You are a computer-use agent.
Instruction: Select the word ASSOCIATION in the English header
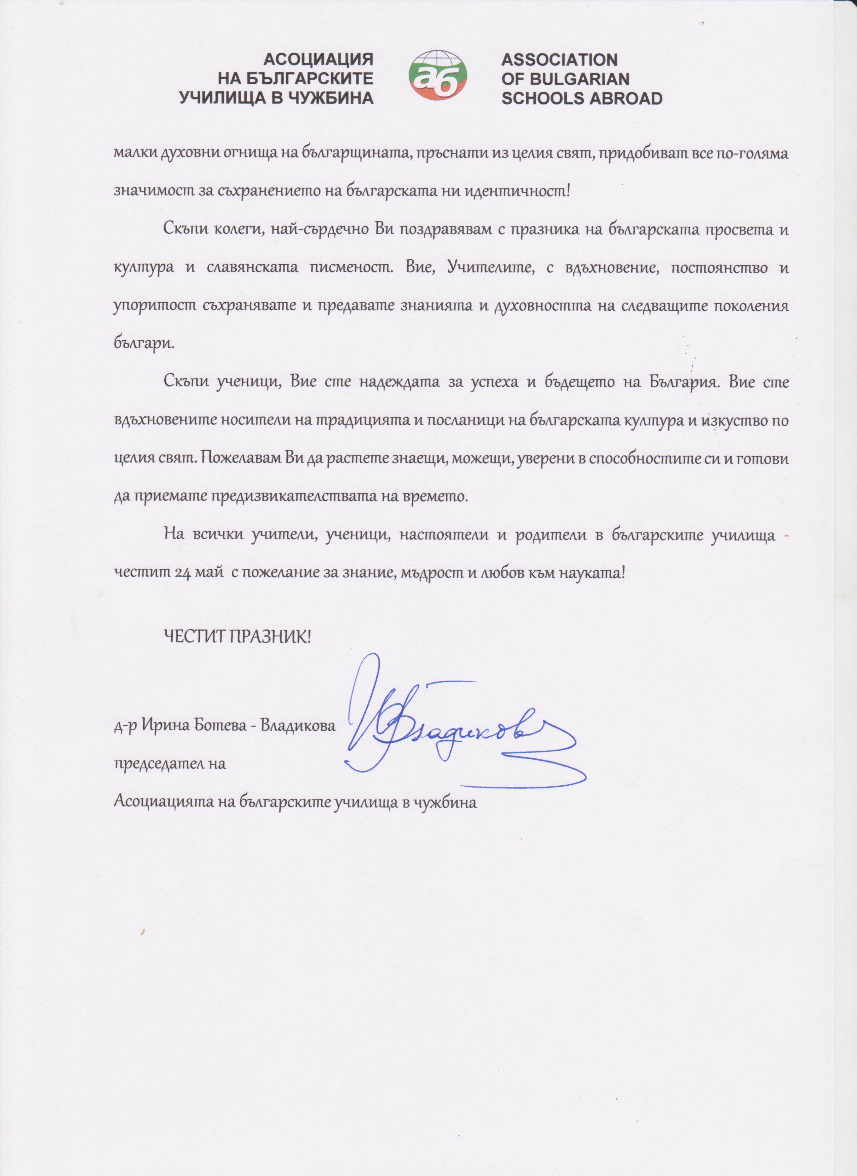coord(559,60)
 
